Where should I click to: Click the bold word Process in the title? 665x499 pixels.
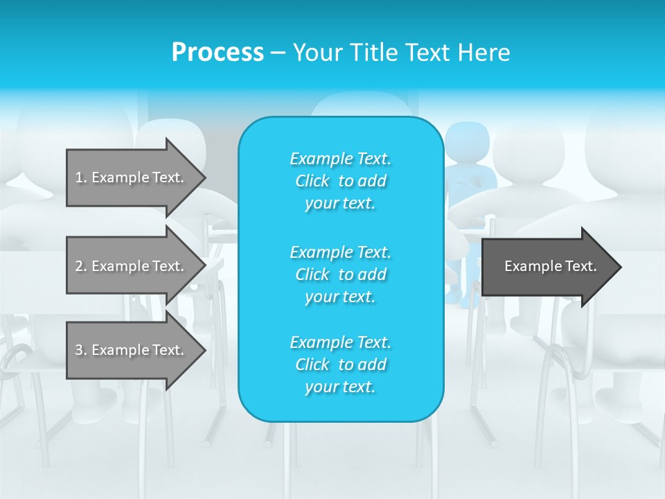coord(218,53)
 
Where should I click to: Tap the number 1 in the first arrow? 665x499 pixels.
coord(79,177)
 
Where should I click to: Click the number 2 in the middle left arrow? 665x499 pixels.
coord(79,266)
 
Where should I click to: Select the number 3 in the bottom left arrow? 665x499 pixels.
coord(79,350)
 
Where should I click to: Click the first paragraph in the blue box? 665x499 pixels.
coord(340,181)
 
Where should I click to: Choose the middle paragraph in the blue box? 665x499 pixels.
coord(340,274)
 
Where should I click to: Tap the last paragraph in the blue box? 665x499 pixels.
coord(340,365)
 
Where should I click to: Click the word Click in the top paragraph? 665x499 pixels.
coord(312,181)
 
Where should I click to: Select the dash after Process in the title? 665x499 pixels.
coord(278,53)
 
